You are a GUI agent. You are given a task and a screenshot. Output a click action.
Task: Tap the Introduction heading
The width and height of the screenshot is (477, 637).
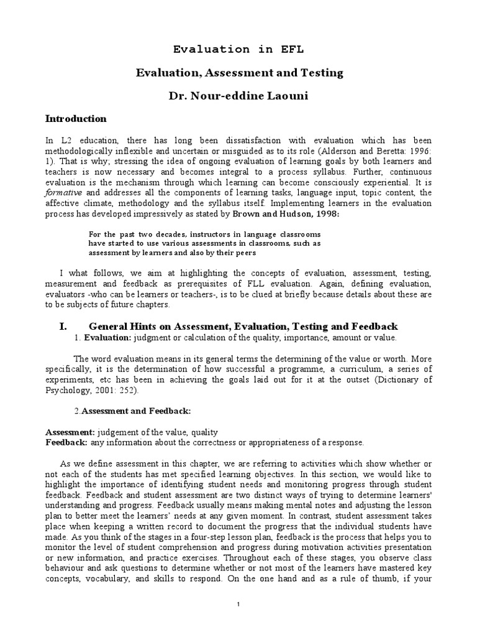click(76, 119)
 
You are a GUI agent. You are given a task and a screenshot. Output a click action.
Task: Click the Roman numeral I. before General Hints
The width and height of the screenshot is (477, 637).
click(62, 327)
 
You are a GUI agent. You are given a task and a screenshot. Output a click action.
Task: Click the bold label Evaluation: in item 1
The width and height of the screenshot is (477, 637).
click(105, 338)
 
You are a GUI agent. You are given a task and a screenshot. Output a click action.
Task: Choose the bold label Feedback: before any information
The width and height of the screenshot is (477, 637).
click(67, 442)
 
